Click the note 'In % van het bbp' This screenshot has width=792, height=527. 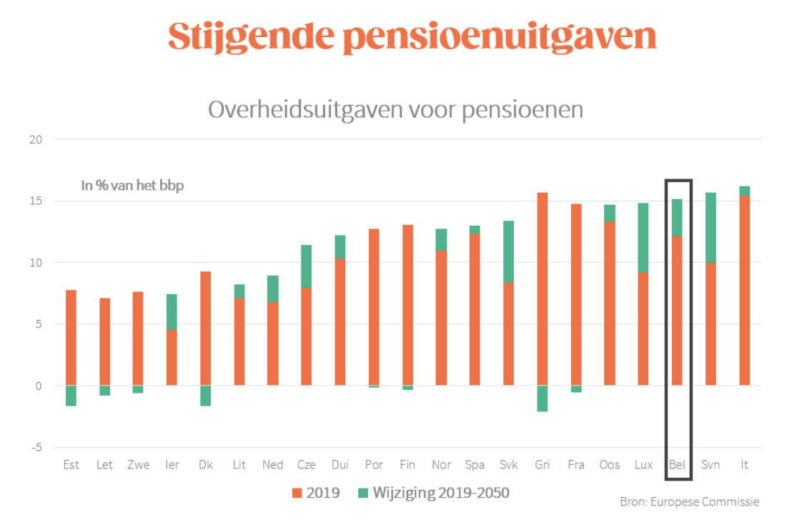[132, 186]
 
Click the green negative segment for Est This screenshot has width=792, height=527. [71, 396]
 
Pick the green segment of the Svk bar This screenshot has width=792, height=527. [509, 251]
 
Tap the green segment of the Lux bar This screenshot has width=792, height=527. [643, 238]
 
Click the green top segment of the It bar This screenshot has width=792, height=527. [744, 191]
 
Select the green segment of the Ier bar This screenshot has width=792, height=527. [172, 312]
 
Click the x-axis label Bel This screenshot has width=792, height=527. [677, 465]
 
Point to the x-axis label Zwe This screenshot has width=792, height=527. [138, 465]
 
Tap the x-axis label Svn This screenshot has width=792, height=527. [711, 465]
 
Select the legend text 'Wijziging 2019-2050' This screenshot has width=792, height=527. [440, 493]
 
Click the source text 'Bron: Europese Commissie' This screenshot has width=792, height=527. [689, 501]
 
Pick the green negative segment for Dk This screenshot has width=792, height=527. [205, 396]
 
